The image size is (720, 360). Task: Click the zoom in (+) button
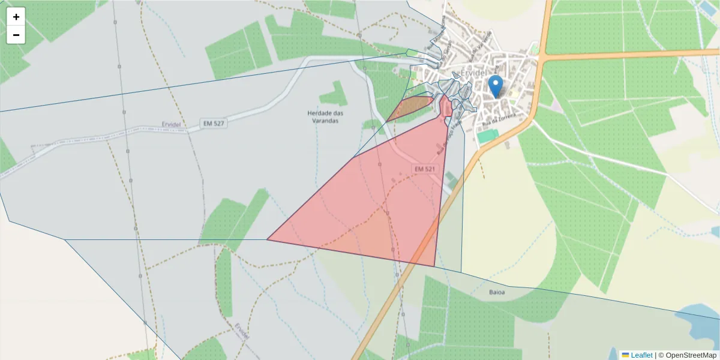pyautogui.click(x=16, y=16)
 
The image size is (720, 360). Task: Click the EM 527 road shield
pyautogui.click(x=214, y=124)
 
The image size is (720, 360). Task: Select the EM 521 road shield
pyautogui.click(x=424, y=169)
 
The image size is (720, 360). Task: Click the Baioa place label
pyautogui.click(x=496, y=293)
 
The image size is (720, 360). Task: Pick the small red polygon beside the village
pyautogui.click(x=446, y=107)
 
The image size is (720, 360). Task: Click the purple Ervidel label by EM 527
pyautogui.click(x=172, y=124)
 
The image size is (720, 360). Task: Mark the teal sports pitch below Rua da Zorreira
pyautogui.click(x=487, y=136)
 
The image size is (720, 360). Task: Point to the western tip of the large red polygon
pyautogui.click(x=269, y=239)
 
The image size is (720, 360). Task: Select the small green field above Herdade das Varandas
pyautogui.click(x=334, y=94)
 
